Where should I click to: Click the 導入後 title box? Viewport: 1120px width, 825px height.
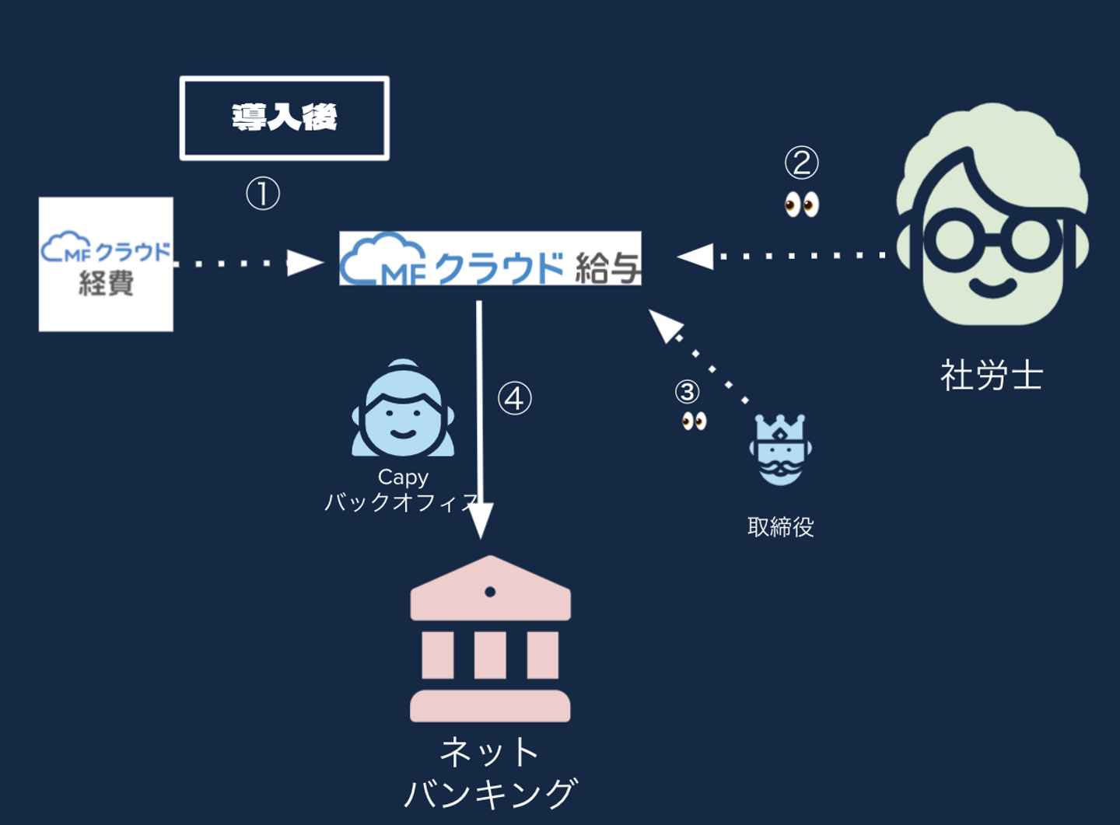point(285,118)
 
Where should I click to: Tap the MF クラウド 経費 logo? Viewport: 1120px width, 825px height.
point(106,264)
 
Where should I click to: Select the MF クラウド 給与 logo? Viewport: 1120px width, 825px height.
point(490,259)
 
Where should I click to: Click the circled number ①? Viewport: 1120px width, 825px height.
point(263,194)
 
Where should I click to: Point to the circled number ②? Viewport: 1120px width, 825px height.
point(802,163)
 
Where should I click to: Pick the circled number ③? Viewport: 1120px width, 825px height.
point(688,392)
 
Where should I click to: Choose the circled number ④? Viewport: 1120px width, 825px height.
point(514,398)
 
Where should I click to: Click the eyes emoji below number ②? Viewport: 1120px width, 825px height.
point(802,205)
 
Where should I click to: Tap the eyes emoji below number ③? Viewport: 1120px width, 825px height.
point(694,421)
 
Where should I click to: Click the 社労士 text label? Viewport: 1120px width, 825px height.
point(992,376)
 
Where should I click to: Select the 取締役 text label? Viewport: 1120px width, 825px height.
point(780,527)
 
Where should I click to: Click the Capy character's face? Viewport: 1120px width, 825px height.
point(403,416)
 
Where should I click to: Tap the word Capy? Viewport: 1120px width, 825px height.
point(403,477)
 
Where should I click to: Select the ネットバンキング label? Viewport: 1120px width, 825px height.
point(490,773)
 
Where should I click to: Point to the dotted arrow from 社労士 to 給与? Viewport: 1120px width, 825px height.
point(786,255)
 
